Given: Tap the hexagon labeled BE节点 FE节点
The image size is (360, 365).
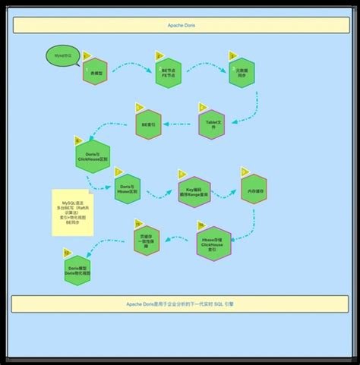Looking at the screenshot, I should coord(168,74).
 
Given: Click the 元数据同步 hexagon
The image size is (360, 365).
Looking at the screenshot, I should coord(243,73).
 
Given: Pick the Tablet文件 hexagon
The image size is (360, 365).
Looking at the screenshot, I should coord(211,123).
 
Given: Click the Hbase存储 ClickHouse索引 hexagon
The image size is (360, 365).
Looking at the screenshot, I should coord(213,244).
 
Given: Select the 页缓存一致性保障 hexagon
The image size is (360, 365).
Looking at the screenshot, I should coord(147,240).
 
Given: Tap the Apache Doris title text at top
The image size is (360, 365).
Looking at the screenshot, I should coord(180,25).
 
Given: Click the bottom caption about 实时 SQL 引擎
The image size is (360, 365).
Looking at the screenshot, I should coord(180,304).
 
